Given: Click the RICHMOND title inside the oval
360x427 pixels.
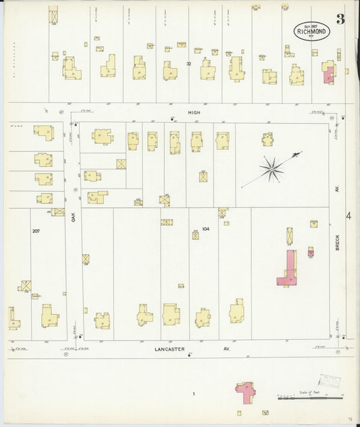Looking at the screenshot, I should [312, 30].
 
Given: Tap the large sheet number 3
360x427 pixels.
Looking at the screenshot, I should [340, 19].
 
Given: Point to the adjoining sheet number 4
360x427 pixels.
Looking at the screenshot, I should [349, 216].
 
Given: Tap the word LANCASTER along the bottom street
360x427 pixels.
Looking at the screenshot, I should [169, 350].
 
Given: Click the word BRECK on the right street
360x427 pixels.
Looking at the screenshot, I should [338, 243].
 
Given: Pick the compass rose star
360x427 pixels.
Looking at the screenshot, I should [272, 169].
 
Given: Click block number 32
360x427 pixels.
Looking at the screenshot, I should [189, 64].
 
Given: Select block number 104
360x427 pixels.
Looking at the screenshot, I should [205, 229].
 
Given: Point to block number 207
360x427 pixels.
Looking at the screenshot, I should [35, 231].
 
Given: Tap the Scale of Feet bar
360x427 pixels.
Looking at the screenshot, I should [311, 397].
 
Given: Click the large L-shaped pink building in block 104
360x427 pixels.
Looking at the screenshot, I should [289, 269].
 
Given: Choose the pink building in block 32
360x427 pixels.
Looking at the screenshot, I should [329, 72].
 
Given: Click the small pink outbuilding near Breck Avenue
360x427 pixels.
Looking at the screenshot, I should [311, 252].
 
